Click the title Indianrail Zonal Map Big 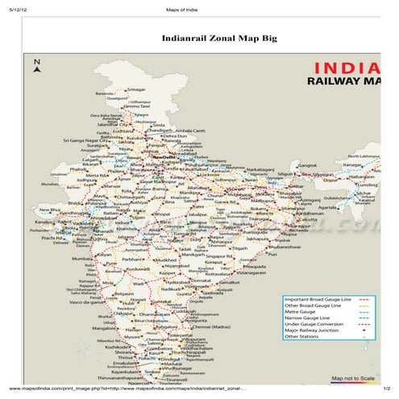[x=207, y=37]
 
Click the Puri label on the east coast [x=271, y=253]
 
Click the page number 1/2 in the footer [x=386, y=389]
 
